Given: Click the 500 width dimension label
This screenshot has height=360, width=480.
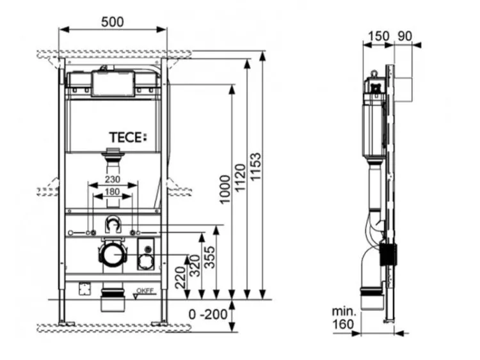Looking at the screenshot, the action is [x=113, y=22].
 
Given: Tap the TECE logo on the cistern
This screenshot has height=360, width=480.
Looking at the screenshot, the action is [x=128, y=137].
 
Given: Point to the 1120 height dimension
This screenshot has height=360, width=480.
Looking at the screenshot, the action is [x=240, y=178].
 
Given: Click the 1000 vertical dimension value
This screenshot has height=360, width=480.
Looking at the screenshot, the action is [x=225, y=190].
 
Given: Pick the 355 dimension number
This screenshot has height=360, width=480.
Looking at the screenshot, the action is [x=210, y=258].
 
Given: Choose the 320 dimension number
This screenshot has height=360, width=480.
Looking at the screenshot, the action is [x=195, y=266].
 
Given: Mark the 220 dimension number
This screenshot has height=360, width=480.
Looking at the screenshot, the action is [x=180, y=278].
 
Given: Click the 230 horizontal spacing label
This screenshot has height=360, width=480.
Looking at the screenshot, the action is [x=113, y=179].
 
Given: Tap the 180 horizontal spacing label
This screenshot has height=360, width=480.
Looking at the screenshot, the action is [x=112, y=192].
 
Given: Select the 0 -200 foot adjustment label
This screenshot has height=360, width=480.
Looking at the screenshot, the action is [x=208, y=315].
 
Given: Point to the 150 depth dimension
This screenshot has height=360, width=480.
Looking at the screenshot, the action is [x=378, y=36].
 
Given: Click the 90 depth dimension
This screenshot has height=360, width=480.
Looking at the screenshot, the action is [x=404, y=36].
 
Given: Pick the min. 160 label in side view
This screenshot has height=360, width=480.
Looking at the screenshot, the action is [x=344, y=318].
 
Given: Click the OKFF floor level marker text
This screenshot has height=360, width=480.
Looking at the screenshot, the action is [x=145, y=291].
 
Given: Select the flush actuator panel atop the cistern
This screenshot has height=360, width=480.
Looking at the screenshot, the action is [x=113, y=84].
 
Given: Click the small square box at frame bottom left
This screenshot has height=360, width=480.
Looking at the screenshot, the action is [x=84, y=288].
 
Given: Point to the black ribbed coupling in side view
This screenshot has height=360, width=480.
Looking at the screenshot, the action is [x=388, y=254].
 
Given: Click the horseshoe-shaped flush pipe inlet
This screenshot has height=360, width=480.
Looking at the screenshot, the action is [x=113, y=224].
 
